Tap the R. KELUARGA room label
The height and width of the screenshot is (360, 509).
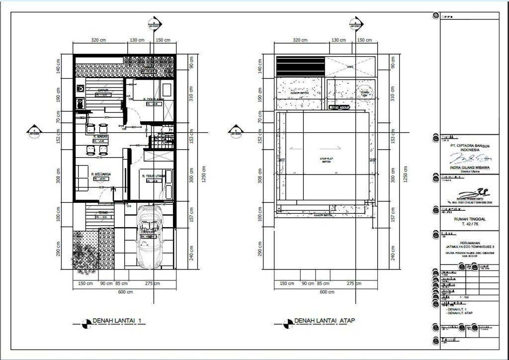tap(100, 174)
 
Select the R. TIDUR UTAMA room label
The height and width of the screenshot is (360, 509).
tap(153, 177)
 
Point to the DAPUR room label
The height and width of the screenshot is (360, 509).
tap(96, 90)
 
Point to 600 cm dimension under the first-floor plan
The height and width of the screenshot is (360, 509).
tap(126, 292)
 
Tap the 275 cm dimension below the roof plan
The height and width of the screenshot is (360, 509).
tap(353, 283)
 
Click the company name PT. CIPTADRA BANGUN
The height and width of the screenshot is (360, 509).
tap(470, 146)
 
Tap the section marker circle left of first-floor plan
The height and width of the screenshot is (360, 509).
tap(34, 132)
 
